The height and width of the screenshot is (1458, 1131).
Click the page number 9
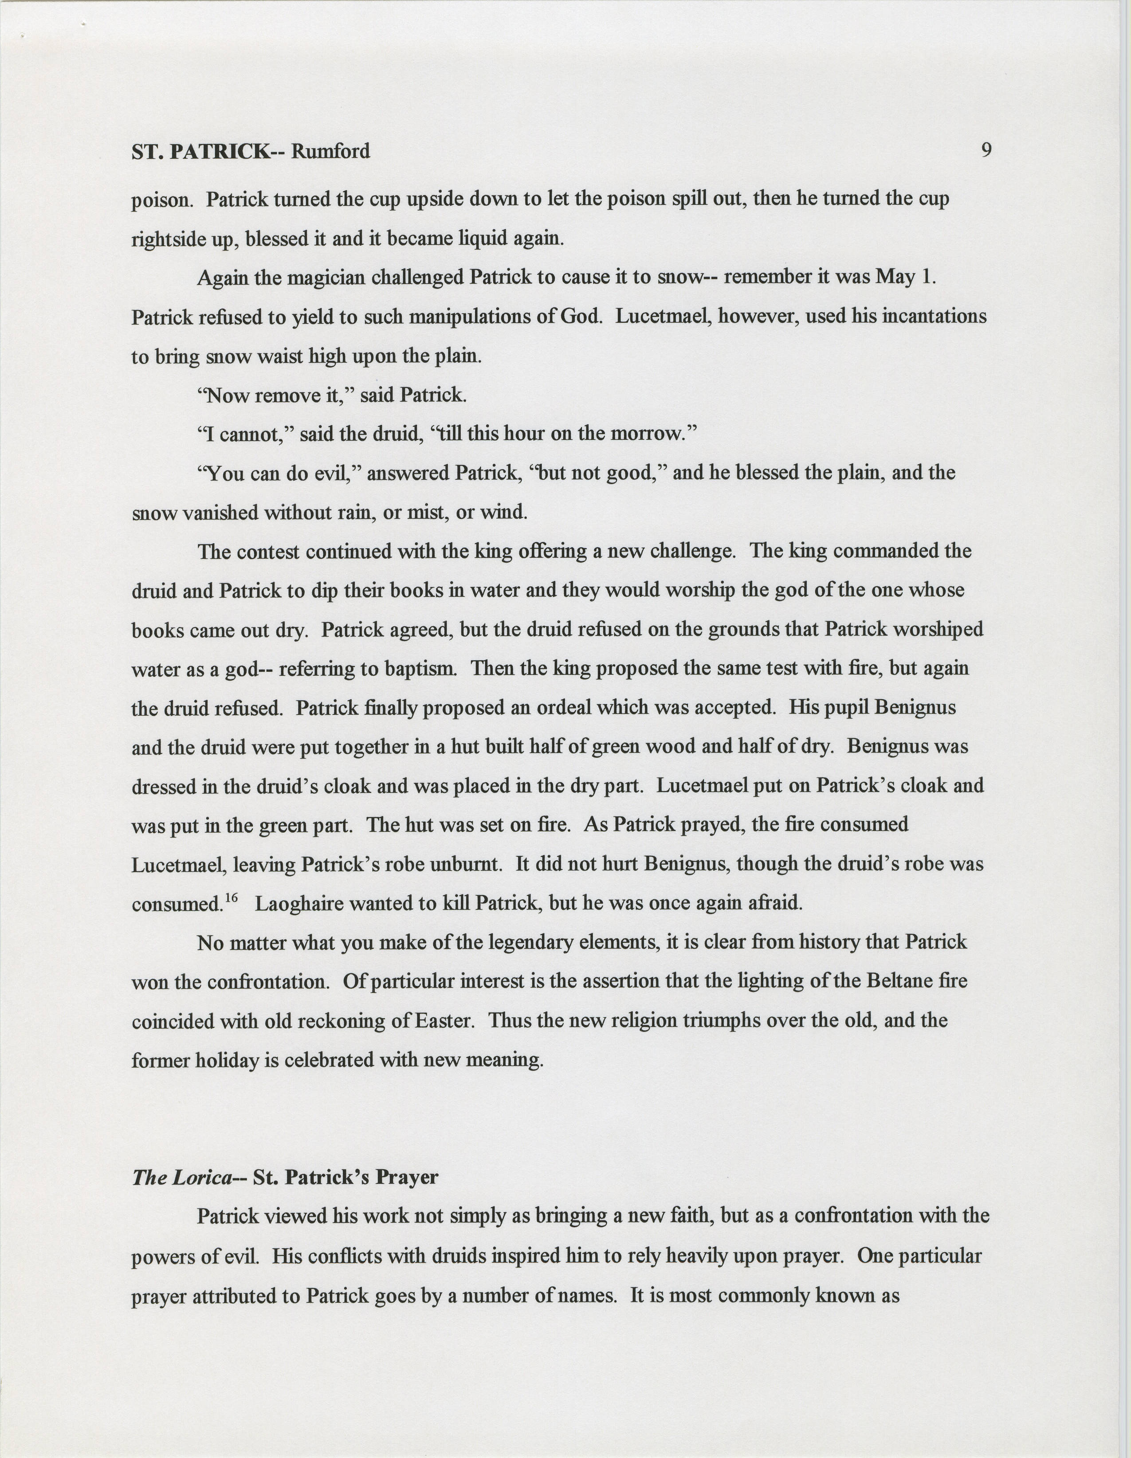986,150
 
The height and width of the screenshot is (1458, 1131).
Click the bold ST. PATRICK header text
200,152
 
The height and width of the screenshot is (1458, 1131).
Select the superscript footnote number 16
231,898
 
